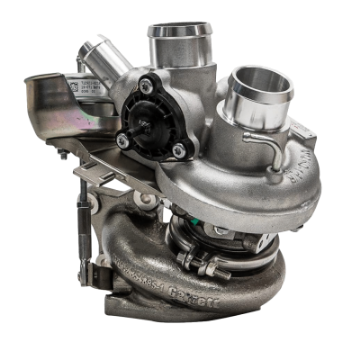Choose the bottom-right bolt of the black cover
[x=177, y=149]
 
